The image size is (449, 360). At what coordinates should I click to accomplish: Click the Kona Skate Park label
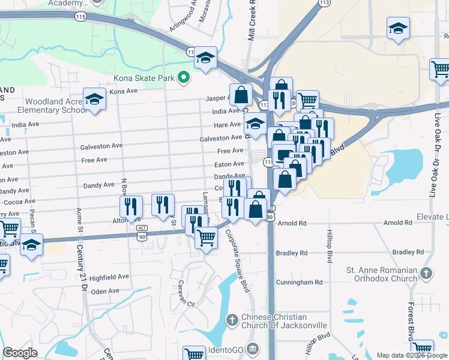point(145,78)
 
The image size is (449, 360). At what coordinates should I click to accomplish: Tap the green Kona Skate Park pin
point(185,78)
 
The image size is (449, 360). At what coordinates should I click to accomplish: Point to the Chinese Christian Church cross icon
point(232,320)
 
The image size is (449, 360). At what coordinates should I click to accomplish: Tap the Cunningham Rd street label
point(299,282)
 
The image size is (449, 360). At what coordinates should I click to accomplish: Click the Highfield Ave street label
point(109,277)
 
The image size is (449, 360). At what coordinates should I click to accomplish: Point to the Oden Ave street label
point(105,291)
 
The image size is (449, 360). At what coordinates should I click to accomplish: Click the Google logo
point(20,353)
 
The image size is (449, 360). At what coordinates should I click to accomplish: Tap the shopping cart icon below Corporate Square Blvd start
point(206,238)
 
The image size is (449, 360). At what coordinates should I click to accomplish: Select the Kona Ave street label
point(124,91)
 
